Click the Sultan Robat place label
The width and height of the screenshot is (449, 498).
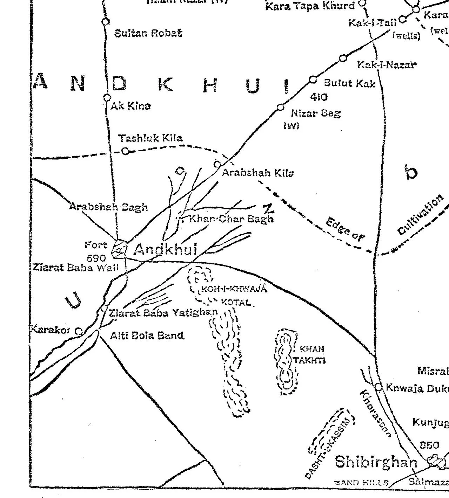coord(148,33)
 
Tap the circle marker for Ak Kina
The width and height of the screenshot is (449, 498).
coord(107,98)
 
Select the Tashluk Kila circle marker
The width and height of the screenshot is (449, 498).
coord(125,151)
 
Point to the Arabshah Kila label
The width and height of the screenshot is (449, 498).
coord(257,173)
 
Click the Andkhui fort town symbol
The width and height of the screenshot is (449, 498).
coord(119,249)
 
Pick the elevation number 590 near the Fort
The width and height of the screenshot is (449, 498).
coord(96,258)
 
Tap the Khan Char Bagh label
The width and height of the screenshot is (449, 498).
coord(231,219)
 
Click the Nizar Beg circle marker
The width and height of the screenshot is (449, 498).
coord(280,107)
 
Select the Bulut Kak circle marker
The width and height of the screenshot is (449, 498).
coord(313,80)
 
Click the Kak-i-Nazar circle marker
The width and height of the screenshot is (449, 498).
coord(343,58)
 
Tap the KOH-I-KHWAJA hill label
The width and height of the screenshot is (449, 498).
coord(234,289)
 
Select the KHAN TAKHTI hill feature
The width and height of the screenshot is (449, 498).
coord(287,362)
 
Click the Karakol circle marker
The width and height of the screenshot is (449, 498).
coord(79,331)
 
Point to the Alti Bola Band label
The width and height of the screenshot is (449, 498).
coord(147,336)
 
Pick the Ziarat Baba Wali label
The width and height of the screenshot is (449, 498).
coord(75,268)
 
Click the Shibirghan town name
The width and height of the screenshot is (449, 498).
coord(376,462)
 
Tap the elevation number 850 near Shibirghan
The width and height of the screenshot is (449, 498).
coord(429,445)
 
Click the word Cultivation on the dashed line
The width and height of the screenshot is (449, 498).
coord(420,215)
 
